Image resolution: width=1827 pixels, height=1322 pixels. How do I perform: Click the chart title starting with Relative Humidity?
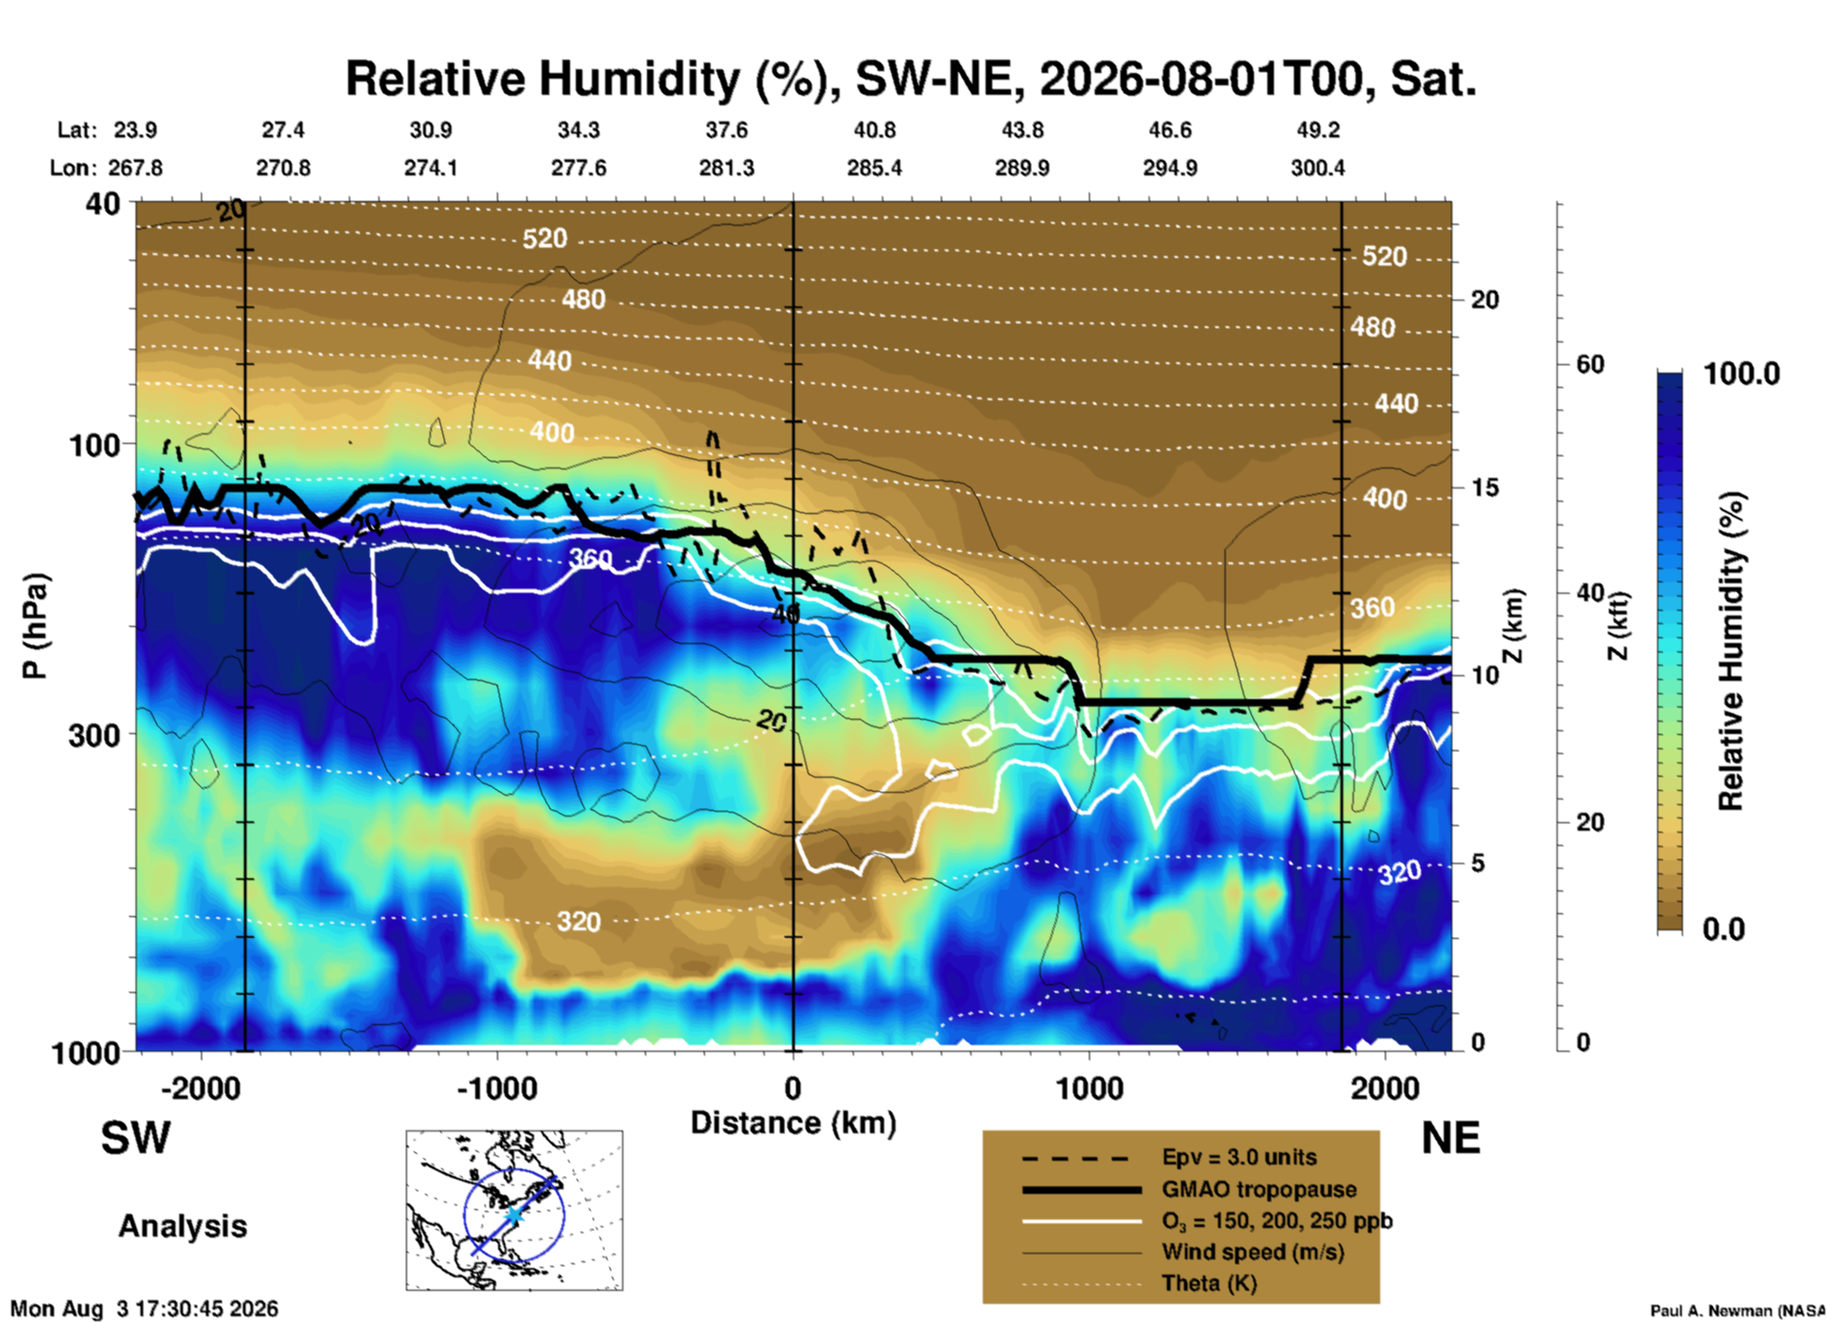pos(911,79)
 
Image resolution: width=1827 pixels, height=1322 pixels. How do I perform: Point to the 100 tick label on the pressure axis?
pos(95,445)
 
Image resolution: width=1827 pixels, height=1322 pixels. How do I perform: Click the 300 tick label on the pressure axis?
pos(95,735)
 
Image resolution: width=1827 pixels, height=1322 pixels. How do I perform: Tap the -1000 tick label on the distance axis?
pos(496,1088)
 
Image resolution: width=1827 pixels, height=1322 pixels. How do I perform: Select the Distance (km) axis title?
pos(793,1123)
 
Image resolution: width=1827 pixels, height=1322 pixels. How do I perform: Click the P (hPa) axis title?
pos(35,626)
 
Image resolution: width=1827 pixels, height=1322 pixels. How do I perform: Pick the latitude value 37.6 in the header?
pos(727,130)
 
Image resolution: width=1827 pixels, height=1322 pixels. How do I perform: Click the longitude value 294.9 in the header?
pos(1170,168)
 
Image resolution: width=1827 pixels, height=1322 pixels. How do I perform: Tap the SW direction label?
pos(136,1138)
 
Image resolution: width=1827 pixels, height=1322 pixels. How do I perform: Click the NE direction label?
pos(1450,1138)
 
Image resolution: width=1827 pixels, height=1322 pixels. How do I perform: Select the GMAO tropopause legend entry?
pos(1259,1189)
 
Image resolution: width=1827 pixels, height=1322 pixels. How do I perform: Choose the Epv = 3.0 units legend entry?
pos(1239,1157)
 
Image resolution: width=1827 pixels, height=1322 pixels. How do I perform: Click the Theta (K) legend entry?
pos(1209,1283)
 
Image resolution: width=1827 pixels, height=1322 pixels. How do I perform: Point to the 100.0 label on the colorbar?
pos(1742,374)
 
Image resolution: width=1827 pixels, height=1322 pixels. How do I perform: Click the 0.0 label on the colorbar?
pos(1724,928)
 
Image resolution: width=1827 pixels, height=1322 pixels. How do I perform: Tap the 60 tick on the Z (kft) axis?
pos(1590,364)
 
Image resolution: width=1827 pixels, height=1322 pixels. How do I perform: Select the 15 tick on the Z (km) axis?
pos(1485,487)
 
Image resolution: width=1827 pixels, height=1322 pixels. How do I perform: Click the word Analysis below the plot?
pos(182,1226)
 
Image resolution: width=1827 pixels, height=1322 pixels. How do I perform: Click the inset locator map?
pos(514,1210)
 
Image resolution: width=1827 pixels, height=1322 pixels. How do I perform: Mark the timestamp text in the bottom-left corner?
pos(144,1309)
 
